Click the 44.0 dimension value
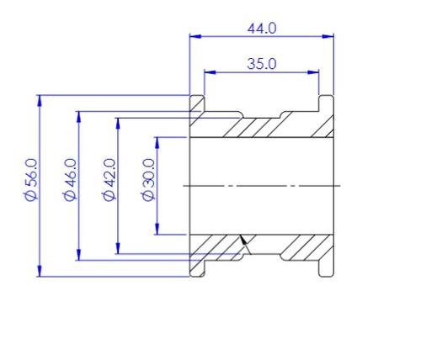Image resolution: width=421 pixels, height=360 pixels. point(261,28)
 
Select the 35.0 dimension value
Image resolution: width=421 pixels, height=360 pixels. point(261,63)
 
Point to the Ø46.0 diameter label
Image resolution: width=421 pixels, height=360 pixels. point(70,179)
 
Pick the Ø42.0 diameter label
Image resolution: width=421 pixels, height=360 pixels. point(108,179)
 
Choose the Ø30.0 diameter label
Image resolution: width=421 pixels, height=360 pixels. point(148,179)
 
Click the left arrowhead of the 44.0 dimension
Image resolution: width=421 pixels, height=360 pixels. point(195,36)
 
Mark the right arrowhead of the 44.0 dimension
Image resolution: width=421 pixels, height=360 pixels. point(329,36)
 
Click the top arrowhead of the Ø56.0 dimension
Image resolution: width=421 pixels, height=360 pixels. point(40,100)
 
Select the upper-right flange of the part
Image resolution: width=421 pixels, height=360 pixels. point(325,104)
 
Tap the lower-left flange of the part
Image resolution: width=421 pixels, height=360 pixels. point(198,265)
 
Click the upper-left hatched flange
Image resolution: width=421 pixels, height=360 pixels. point(199,104)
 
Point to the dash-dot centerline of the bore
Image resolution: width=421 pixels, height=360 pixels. point(261,185)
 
